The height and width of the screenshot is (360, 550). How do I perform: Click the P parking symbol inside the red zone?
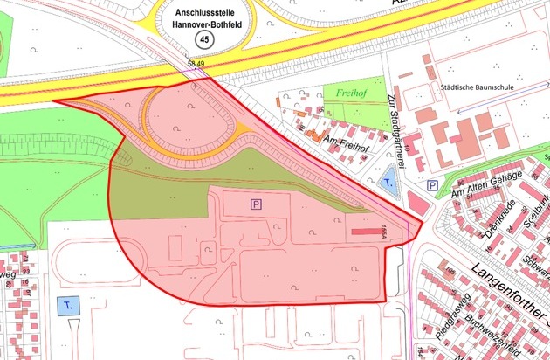pos(256,204)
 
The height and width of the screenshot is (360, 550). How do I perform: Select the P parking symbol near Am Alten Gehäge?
pos(432,186)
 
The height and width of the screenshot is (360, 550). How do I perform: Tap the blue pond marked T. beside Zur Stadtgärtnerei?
pos(388,183)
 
